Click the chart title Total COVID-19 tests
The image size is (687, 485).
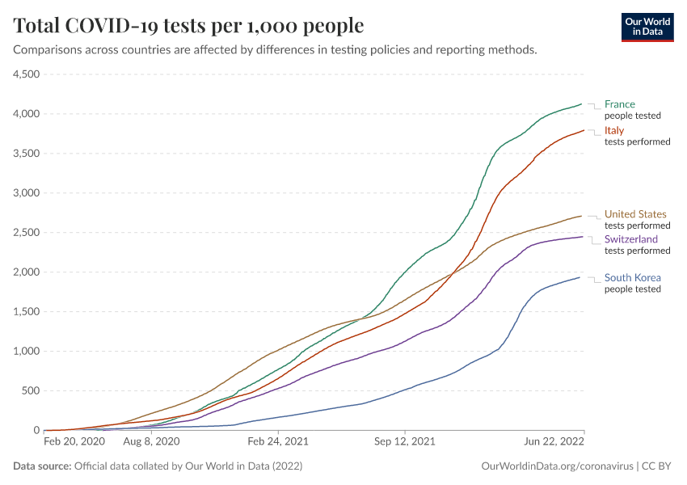point(188,26)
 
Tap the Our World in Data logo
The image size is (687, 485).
point(647,26)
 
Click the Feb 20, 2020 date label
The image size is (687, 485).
point(74,442)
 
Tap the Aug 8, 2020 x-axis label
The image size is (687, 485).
point(152,442)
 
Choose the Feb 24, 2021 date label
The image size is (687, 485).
point(277,442)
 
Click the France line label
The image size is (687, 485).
point(620,104)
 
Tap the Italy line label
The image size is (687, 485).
point(614,131)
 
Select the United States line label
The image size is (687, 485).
point(635,214)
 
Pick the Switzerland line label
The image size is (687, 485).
point(631,239)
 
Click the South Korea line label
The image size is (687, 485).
point(633,278)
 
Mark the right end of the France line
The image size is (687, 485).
point(582,103)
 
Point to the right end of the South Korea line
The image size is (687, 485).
point(580,278)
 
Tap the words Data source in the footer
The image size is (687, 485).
point(42,466)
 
